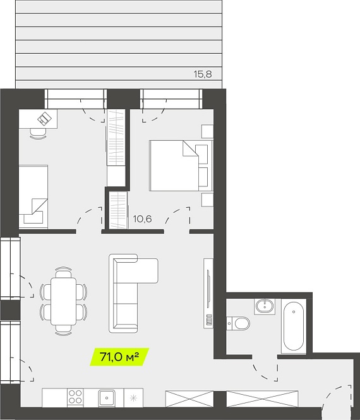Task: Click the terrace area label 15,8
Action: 203,74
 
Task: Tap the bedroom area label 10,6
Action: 143,219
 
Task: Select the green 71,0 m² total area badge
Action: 119,357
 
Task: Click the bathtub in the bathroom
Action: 294,327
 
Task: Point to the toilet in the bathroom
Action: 238,323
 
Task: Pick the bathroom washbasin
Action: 265,306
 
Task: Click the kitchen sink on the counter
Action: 107,398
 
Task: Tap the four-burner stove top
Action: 75,397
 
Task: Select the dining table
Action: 64,301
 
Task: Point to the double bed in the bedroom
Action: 181,165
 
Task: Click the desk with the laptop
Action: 38,119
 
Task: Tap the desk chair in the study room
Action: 38,133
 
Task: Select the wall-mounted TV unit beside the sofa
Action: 208,293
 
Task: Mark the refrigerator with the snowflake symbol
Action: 133,398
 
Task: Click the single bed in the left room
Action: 33,197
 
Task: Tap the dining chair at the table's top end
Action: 64,272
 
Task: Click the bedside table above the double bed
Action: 208,131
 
